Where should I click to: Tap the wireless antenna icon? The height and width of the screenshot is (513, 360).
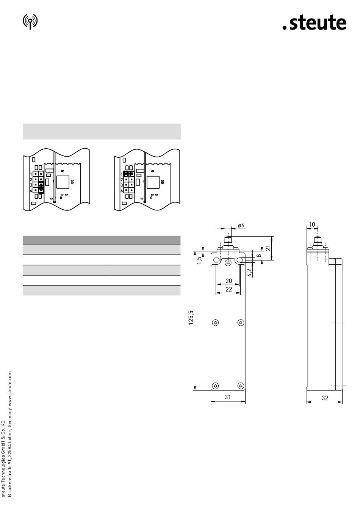[30, 22]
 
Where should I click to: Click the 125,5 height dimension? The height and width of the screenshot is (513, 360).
[191, 318]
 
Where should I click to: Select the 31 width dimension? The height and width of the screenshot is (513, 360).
[227, 397]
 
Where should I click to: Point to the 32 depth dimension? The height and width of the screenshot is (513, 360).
[325, 398]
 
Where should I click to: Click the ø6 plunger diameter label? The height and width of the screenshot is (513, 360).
[241, 225]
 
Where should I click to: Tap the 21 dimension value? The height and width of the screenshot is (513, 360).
[268, 248]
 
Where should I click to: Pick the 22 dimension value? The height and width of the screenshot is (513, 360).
[229, 289]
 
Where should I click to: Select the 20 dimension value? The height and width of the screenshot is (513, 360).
[229, 281]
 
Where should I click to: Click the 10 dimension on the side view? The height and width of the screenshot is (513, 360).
[312, 224]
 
